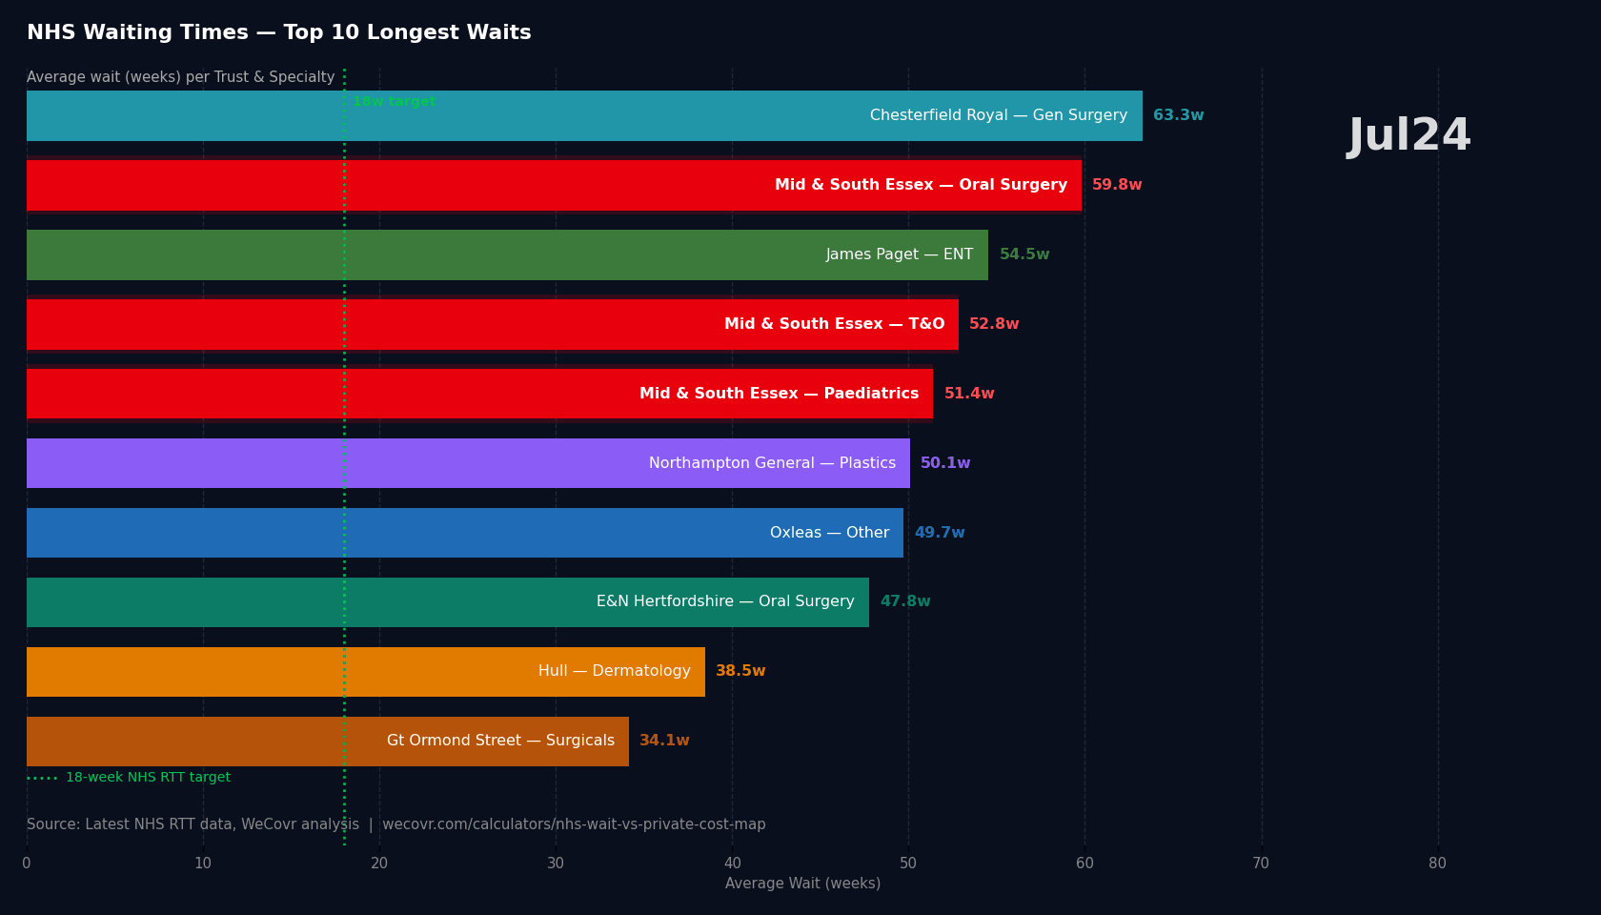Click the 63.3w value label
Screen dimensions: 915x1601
pyautogui.click(x=1178, y=115)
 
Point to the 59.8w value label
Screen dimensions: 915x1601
pyautogui.click(x=1117, y=185)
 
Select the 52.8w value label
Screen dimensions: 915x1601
pyautogui.click(x=994, y=324)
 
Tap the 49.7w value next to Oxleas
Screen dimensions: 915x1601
pyautogui.click(x=940, y=533)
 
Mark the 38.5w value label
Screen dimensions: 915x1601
pyautogui.click(x=740, y=671)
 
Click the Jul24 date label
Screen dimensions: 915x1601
pyautogui.click(x=1409, y=136)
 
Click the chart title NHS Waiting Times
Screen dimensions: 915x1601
pyautogui.click(x=279, y=33)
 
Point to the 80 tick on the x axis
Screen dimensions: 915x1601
pyautogui.click(x=1437, y=864)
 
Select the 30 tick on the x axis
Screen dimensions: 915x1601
pyautogui.click(x=556, y=864)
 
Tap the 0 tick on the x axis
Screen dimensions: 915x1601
pyautogui.click(x=27, y=864)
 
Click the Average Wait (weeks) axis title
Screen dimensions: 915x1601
pyautogui.click(x=802, y=884)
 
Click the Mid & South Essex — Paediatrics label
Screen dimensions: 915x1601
pyautogui.click(x=779, y=394)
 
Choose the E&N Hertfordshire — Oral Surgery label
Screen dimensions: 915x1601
pyautogui.click(x=725, y=601)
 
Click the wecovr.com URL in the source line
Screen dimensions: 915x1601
pyautogui.click(x=574, y=824)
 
